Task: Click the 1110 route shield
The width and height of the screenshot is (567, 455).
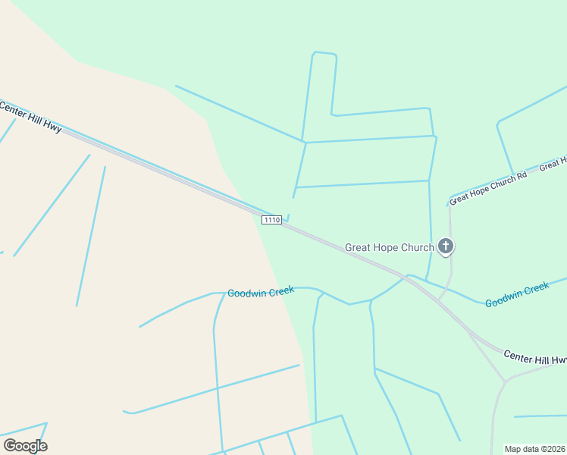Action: [x=271, y=220]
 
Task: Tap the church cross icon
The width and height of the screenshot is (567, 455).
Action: [x=446, y=246]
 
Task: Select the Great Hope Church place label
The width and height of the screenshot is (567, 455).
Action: [x=389, y=247]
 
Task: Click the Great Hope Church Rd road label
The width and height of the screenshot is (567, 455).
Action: [x=488, y=189]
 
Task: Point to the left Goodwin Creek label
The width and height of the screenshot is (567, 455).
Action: [x=260, y=292]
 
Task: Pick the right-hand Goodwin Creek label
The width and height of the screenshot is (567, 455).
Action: [x=517, y=294]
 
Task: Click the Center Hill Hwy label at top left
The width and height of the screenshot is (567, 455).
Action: [x=30, y=118]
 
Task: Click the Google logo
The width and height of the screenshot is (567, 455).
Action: [x=25, y=445]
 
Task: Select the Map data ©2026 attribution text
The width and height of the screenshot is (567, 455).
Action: [x=534, y=449]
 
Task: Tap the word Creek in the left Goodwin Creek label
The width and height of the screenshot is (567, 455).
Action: [x=279, y=292]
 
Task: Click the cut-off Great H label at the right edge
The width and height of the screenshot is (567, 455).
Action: [x=553, y=164]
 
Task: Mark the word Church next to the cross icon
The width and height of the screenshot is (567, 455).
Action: [x=419, y=247]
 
